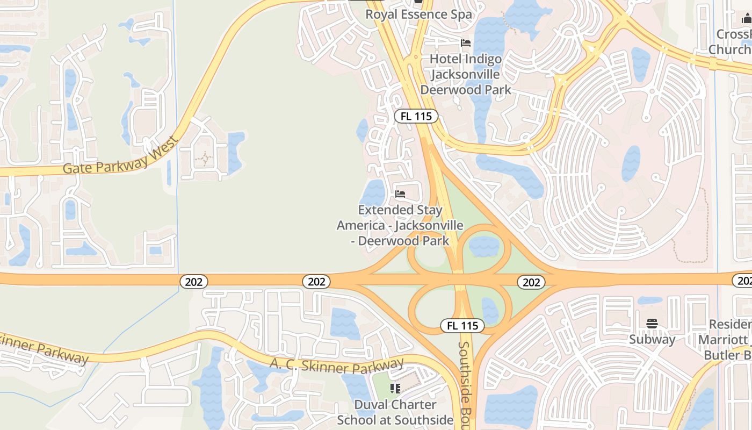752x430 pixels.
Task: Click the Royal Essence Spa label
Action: coord(418,14)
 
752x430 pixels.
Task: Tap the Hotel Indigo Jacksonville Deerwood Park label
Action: coord(466,74)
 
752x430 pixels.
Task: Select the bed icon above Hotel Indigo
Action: coord(466,43)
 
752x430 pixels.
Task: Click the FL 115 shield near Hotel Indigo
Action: coord(416,116)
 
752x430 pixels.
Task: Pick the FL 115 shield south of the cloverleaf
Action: coord(462,325)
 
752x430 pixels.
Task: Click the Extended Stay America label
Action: coord(400,225)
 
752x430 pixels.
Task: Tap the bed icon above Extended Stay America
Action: coord(400,193)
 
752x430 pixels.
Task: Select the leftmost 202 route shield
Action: coord(193,282)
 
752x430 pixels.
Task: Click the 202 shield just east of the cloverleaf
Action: coord(531,282)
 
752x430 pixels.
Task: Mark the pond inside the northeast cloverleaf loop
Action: coord(484,246)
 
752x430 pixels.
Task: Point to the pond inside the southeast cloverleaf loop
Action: coord(490,311)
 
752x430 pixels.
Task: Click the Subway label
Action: coord(652,339)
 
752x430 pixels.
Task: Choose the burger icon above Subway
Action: coord(652,324)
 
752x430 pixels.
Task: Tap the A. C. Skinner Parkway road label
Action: coord(337,366)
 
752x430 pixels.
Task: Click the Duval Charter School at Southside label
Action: coord(395,412)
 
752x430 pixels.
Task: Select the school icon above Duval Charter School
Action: coord(396,388)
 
